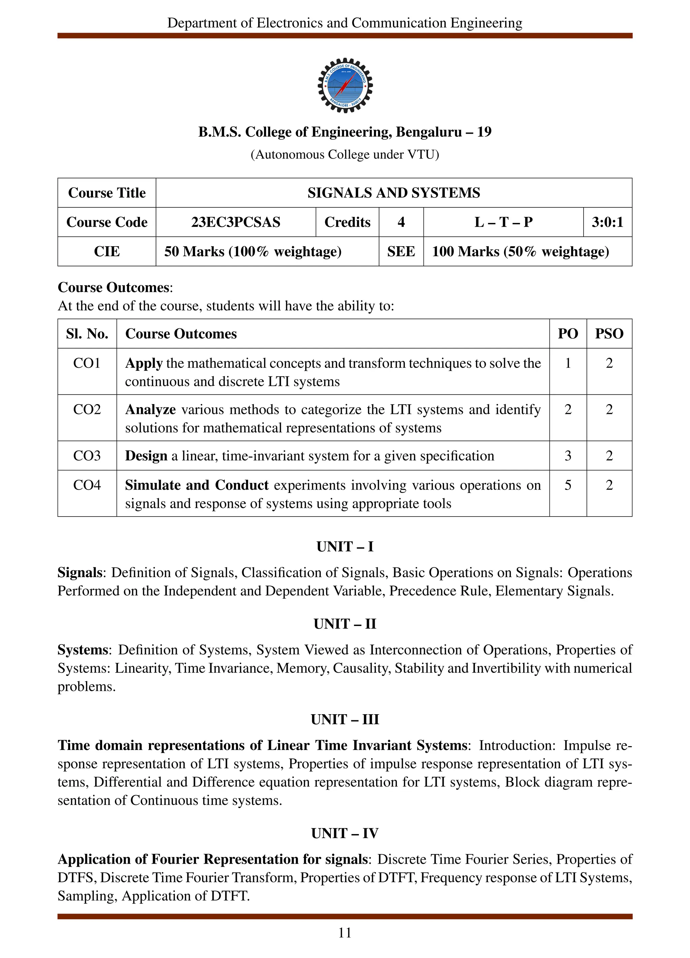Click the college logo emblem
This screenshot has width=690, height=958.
[345, 85]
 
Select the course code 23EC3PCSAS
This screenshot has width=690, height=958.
[236, 222]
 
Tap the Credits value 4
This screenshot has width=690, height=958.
[401, 222]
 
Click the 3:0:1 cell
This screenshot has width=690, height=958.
[607, 222]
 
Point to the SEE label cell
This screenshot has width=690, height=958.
[401, 251]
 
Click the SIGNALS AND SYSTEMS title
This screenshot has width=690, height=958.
[394, 193]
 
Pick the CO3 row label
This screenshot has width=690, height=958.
[87, 456]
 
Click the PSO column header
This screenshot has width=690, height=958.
[609, 334]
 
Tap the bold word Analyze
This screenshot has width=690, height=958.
[150, 409]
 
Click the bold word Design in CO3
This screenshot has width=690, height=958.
[146, 456]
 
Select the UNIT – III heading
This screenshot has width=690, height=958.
[345, 719]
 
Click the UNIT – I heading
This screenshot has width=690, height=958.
[345, 547]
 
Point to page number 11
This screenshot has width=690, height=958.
[345, 933]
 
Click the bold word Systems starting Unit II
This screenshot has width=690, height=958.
[83, 650]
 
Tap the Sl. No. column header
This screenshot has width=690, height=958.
[87, 334]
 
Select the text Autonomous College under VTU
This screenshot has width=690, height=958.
[345, 155]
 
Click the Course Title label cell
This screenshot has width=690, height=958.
[107, 193]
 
